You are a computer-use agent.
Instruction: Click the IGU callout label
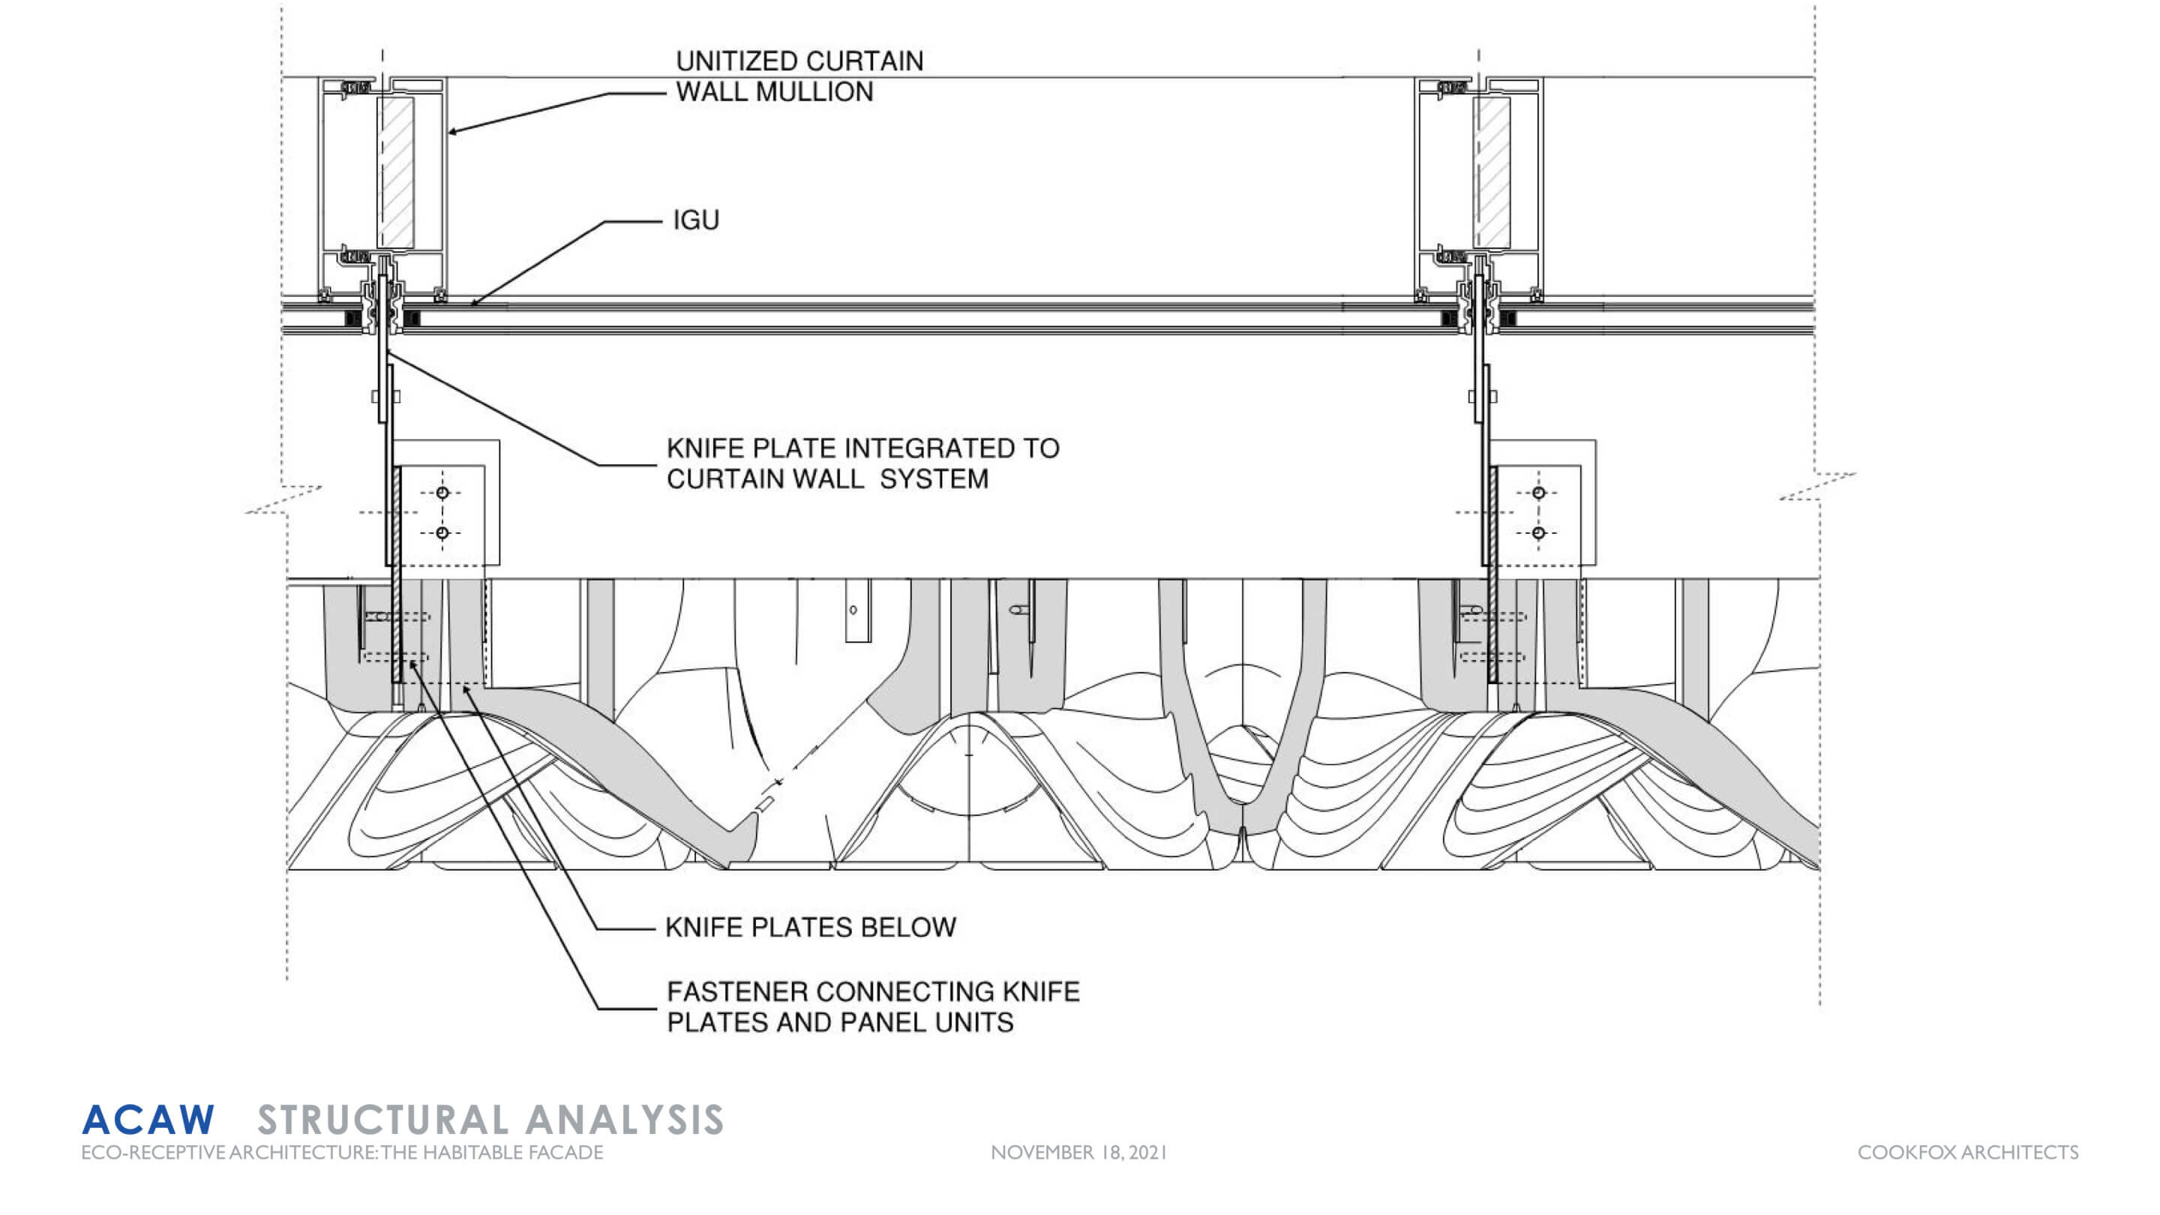(696, 220)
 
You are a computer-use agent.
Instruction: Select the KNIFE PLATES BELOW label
(810, 928)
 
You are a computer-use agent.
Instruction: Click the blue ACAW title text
(148, 1120)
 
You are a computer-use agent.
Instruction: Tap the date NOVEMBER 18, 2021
(1078, 1153)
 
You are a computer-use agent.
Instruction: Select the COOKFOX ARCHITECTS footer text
(1967, 1153)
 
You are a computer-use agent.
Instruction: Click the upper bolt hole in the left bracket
(442, 493)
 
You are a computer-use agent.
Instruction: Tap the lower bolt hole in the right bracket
(1537, 532)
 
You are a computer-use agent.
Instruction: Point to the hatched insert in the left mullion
(396, 172)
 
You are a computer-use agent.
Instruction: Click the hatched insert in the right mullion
(1492, 172)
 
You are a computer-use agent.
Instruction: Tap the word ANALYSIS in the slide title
(625, 1120)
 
